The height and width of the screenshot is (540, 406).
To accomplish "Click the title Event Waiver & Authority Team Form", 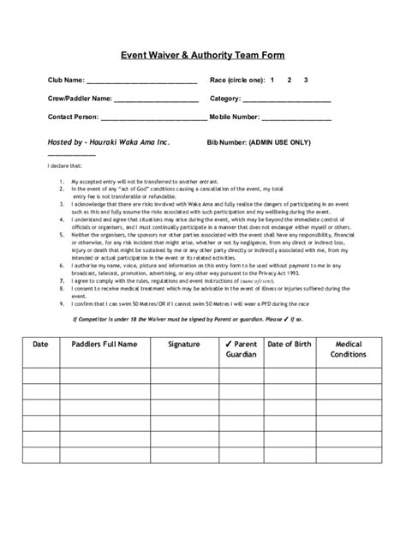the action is click(x=202, y=53).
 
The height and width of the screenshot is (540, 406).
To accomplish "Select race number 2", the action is click(x=290, y=80).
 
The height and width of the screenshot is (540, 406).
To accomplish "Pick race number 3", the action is click(x=306, y=80).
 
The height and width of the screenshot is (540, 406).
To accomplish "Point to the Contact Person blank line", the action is click(x=152, y=118).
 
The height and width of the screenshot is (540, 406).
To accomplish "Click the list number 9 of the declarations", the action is click(x=63, y=303).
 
